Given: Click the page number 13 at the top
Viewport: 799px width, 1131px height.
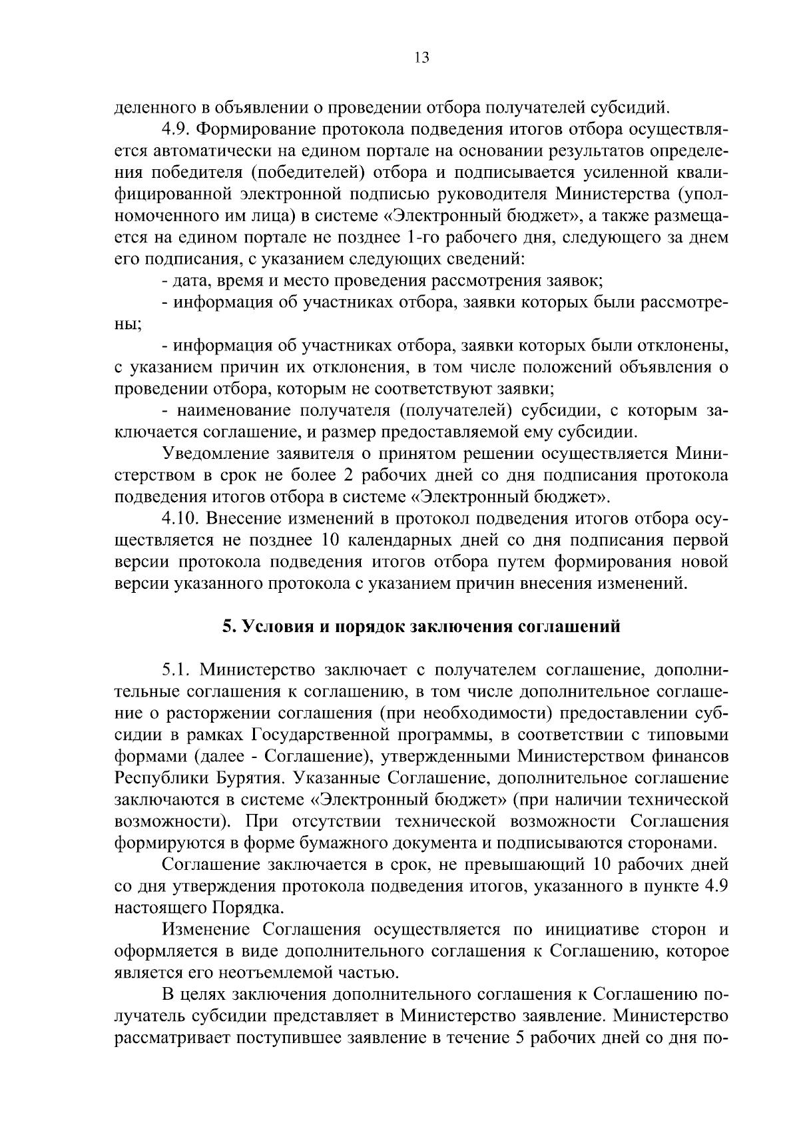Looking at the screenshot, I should pyautogui.click(x=421, y=57).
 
